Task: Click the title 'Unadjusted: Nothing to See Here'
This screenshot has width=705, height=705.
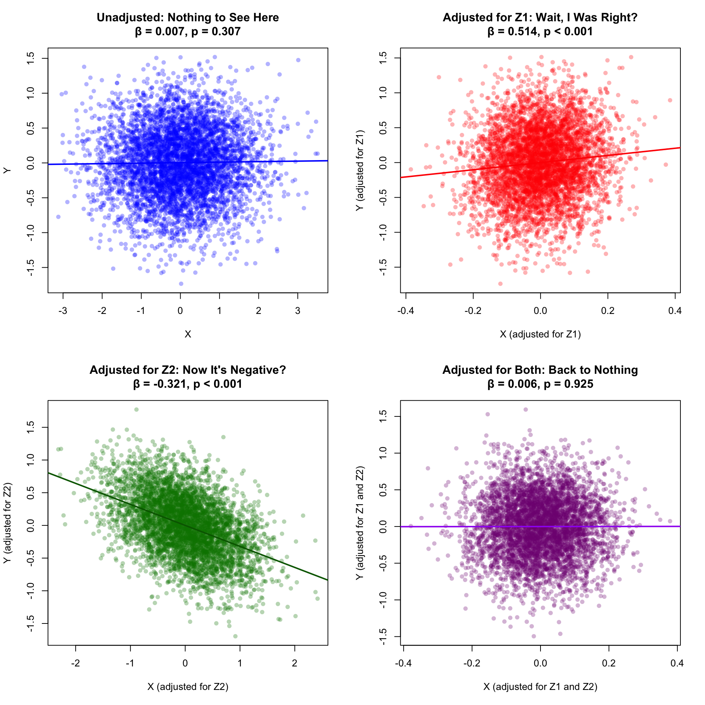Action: pos(188,18)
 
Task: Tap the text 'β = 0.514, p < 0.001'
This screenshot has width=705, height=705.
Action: pos(540,32)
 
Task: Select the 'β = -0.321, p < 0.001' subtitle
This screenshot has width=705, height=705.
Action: pos(188,384)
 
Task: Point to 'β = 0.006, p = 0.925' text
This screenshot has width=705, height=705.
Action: pos(540,384)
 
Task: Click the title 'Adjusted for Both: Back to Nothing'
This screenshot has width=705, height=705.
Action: pos(540,370)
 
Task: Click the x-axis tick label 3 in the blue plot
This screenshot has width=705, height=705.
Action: pos(298,311)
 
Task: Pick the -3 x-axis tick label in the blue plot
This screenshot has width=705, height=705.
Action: pos(63,311)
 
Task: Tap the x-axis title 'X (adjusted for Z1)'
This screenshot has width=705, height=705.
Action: pos(540,334)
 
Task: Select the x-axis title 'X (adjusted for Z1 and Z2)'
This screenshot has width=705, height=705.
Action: pos(540,687)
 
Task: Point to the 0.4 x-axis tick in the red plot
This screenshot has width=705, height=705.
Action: pos(675,311)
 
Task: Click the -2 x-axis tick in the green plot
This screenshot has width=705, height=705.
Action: pos(76,664)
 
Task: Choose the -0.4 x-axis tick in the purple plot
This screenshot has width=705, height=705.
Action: pos(403,664)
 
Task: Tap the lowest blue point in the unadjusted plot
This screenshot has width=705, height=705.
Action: pos(181,283)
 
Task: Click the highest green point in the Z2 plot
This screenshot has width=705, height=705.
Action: pos(136,409)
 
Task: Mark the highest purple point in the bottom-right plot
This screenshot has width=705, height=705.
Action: pos(525,409)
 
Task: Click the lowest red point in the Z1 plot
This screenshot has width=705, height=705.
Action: pos(500,283)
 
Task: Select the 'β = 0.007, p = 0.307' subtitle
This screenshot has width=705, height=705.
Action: pos(188,32)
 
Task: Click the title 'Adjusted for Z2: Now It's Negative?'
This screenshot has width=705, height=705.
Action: pos(188,370)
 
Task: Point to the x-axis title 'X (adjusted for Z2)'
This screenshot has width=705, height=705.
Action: pos(188,687)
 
